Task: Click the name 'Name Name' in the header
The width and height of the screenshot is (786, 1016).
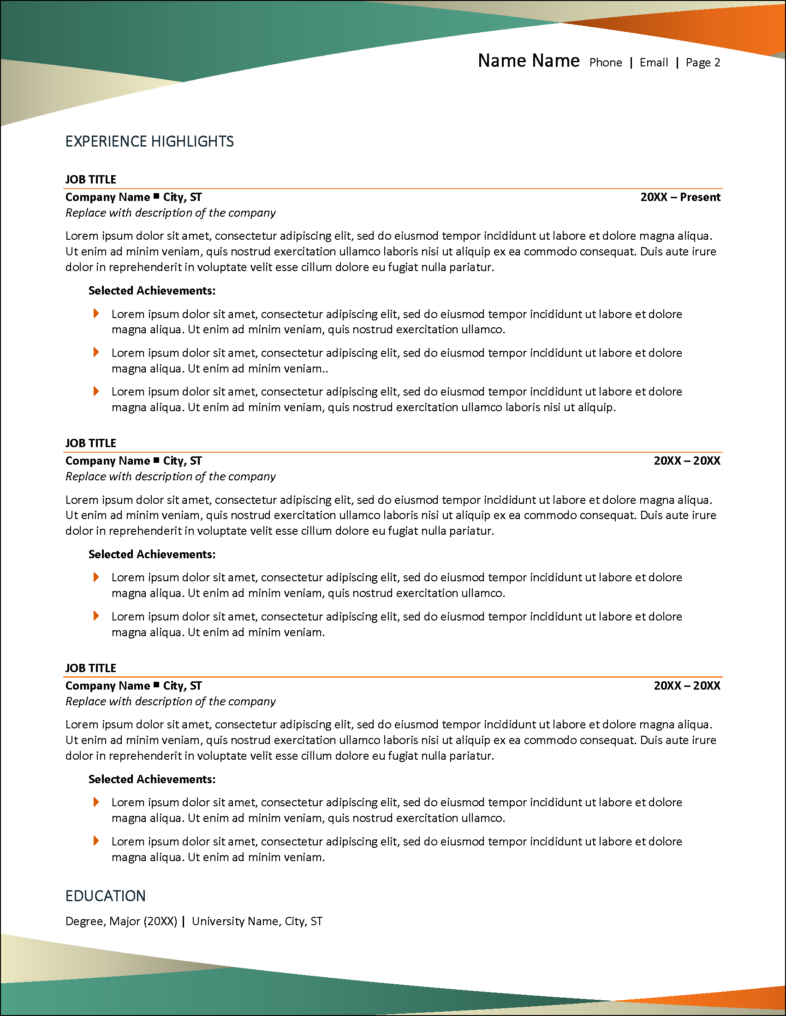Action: tap(528, 61)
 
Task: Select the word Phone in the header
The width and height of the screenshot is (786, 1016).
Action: tap(606, 63)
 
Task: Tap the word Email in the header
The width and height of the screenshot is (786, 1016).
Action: tap(653, 63)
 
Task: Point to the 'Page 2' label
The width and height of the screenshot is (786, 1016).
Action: tap(703, 63)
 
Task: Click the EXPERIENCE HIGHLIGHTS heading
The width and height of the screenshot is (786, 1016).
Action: tap(149, 142)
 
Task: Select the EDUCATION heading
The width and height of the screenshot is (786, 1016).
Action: tap(105, 896)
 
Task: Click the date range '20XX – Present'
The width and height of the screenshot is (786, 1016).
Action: tap(680, 197)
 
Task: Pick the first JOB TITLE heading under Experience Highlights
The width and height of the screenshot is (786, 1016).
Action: tap(91, 180)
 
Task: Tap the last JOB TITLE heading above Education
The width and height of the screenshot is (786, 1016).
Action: tap(91, 668)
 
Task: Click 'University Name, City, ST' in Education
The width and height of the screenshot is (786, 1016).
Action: tap(257, 921)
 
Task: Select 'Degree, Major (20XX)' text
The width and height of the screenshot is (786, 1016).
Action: tap(121, 921)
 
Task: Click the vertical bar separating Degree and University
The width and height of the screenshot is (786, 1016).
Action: tap(184, 921)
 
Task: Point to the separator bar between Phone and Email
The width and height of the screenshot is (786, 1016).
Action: tap(631, 63)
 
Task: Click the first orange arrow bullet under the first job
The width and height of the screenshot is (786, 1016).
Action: tap(96, 313)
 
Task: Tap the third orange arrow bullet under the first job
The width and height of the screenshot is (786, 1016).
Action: tap(96, 391)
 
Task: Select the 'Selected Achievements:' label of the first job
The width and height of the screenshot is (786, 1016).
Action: tap(152, 291)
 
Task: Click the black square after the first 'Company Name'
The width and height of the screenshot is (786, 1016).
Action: tap(156, 196)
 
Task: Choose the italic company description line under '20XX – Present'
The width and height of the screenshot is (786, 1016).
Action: tap(170, 213)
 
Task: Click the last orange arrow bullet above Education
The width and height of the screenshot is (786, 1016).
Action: tap(96, 841)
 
